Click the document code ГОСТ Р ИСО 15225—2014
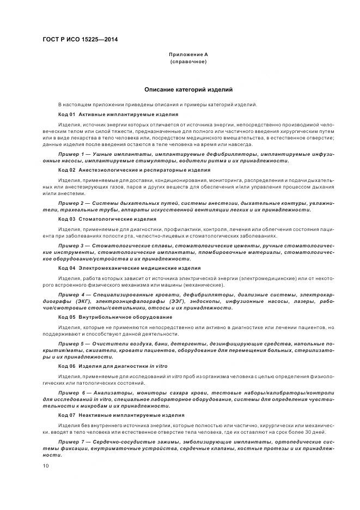click(x=80, y=40)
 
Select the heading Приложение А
click(x=188, y=54)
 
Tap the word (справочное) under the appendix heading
click(x=188, y=62)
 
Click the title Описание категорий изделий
click(x=188, y=89)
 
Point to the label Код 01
click(x=66, y=114)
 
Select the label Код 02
click(x=66, y=170)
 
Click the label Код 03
click(x=66, y=219)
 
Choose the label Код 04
click(x=66, y=268)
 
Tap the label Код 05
click(x=66, y=317)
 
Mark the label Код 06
click(x=66, y=366)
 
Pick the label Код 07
click(x=66, y=415)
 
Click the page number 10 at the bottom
click(x=45, y=465)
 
